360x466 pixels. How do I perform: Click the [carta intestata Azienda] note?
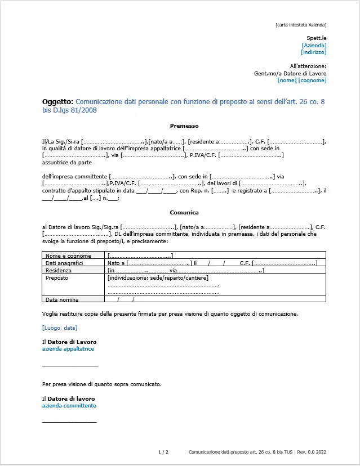pos(301,25)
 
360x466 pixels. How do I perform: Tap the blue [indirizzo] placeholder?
pos(314,52)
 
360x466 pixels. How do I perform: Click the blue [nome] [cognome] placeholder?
pos(302,80)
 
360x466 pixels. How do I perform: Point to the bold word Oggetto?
pos(57,102)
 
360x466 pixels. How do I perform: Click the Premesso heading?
pos(184,126)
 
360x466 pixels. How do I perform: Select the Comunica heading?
pos(184,213)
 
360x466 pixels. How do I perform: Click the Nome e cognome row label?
pos(65,256)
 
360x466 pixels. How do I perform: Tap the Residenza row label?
pos(59,270)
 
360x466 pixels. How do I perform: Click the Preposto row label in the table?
pos(57,277)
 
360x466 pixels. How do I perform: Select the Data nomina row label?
pos(62,299)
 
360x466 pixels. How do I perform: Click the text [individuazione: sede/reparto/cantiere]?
pos(158,277)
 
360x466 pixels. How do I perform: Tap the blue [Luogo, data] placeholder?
pos(60,328)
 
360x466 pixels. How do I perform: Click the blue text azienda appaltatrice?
pos(68,349)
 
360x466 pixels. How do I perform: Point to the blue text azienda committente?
pos(69,406)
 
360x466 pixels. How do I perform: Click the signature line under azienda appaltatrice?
pos(70,366)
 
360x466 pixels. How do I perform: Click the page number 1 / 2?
pos(163,452)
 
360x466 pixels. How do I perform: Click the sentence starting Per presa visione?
pos(102,384)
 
